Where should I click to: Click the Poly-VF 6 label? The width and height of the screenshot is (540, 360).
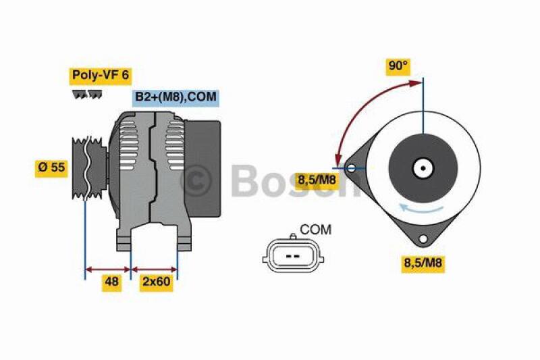click(x=99, y=75)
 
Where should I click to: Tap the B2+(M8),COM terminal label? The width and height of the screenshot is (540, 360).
click(x=175, y=97)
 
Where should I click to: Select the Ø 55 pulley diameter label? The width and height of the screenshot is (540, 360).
click(x=51, y=168)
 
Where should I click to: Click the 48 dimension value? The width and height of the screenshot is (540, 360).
click(x=111, y=283)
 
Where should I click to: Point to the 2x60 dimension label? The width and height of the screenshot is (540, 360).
click(x=155, y=283)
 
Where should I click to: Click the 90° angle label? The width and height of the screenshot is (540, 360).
click(x=398, y=66)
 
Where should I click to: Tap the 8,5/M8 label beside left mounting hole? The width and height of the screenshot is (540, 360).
click(x=317, y=179)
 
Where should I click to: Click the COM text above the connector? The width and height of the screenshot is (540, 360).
click(x=315, y=230)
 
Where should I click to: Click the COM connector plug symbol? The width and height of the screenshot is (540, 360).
click(x=292, y=257)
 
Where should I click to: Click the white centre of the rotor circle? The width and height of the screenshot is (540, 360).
click(x=423, y=168)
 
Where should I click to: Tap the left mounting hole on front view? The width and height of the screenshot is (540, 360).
click(x=351, y=168)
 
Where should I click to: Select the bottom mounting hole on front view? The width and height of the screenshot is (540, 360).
click(x=423, y=238)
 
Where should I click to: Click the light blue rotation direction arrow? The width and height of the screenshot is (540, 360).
click(x=423, y=207)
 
